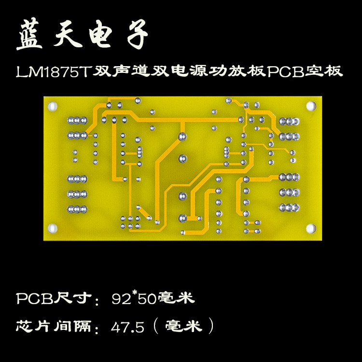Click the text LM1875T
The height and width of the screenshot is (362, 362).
[x=54, y=72]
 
